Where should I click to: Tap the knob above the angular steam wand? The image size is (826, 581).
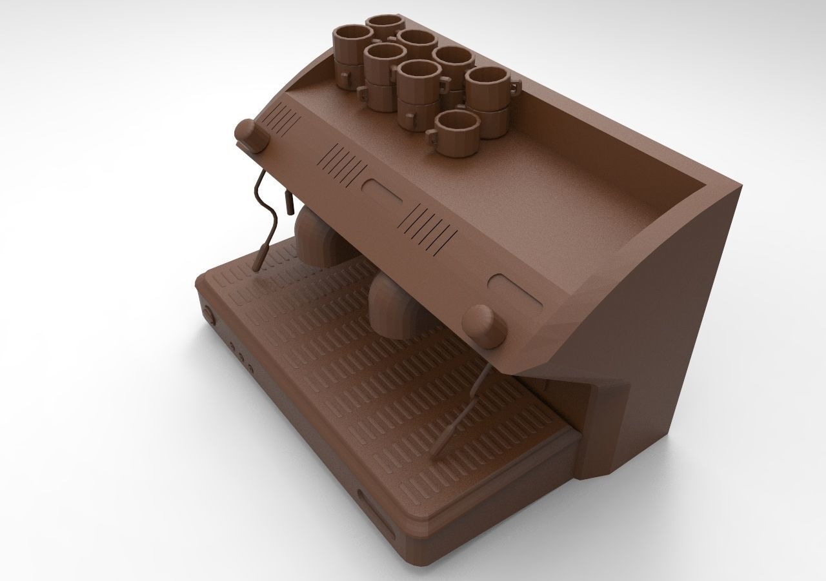(485, 326)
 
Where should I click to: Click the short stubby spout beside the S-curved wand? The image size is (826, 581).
(288, 202)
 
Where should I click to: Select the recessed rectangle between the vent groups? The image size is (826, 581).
(382, 193)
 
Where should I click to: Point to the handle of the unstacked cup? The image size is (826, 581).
(431, 137)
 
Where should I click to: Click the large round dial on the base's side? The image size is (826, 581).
(209, 314)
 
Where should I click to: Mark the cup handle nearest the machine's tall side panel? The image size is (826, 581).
(514, 85)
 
